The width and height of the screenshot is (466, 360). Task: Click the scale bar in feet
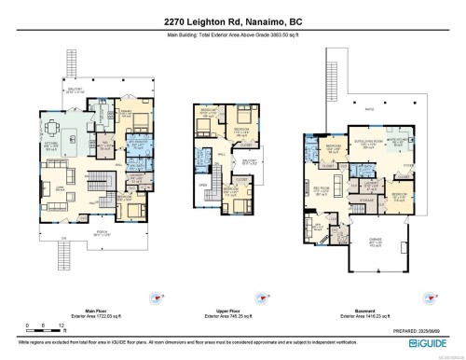(34, 332)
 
